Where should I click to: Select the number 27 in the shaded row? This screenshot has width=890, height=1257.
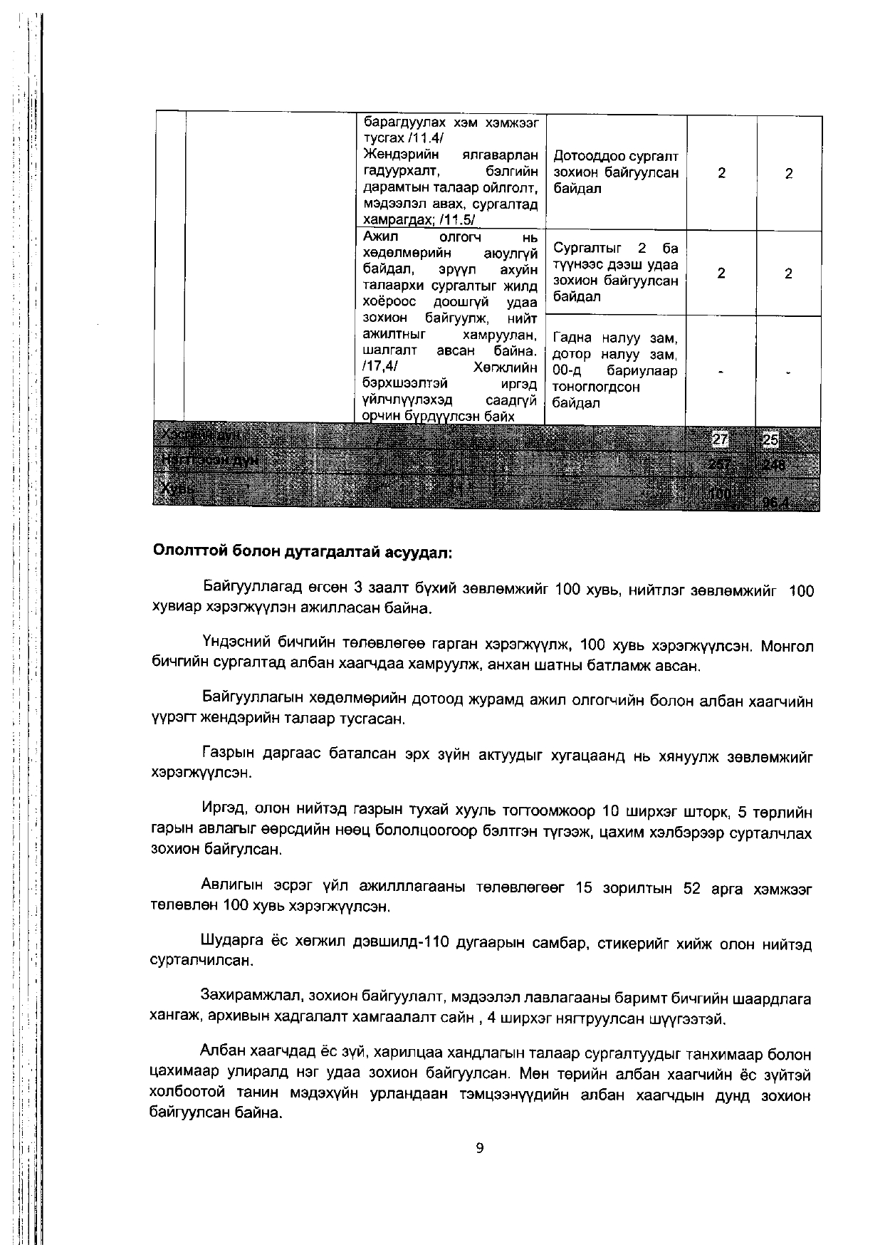[x=721, y=440]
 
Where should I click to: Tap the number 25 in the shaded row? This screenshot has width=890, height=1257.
[x=770, y=440]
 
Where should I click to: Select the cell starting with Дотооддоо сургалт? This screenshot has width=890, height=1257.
[x=616, y=172]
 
